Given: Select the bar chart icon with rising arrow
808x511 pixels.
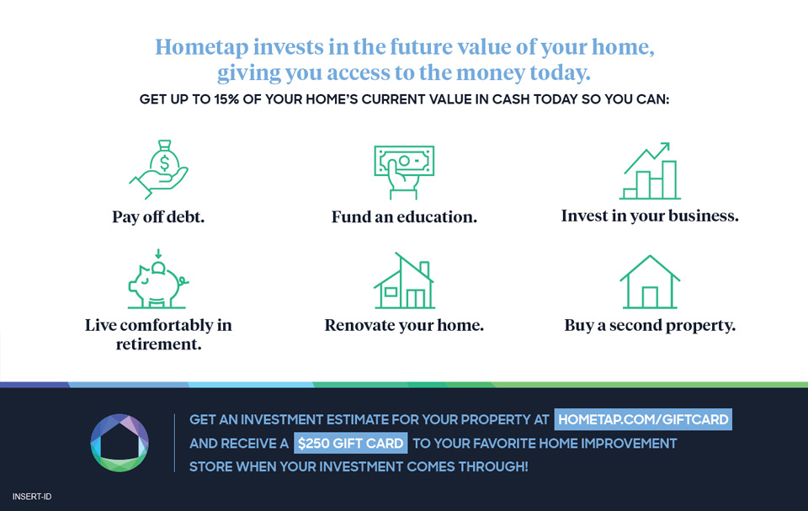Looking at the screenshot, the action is click(x=650, y=171).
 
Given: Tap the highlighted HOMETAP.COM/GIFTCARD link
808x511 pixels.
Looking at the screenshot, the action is click(x=643, y=419).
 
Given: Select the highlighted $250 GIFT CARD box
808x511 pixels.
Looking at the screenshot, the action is click(x=350, y=443).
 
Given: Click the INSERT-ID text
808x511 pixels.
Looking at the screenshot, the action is click(x=32, y=497).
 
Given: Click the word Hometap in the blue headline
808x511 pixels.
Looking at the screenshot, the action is click(x=201, y=47).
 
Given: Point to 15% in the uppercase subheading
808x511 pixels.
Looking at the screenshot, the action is click(x=226, y=99).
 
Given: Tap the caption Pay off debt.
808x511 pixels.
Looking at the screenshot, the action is click(x=158, y=216).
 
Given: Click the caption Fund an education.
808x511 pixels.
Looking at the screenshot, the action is click(x=404, y=216).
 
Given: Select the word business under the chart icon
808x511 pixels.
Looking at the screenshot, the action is click(x=704, y=216).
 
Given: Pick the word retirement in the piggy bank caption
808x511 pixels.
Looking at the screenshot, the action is click(x=159, y=344).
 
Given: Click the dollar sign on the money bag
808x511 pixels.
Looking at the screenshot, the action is click(x=164, y=163).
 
